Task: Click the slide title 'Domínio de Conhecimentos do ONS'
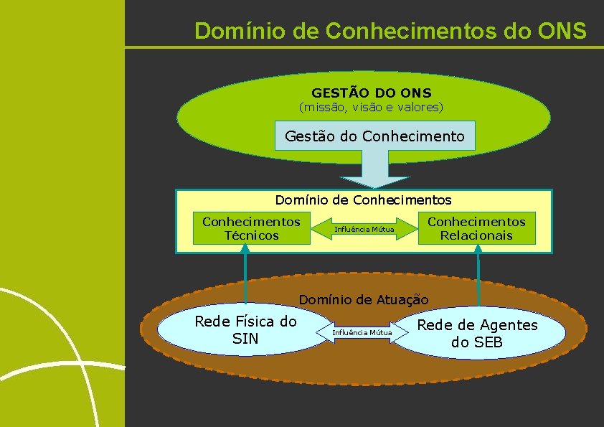tap(390, 31)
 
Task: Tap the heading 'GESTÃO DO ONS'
tap(371, 93)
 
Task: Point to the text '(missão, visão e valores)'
tap(371, 108)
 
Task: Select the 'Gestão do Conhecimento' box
tap(374, 136)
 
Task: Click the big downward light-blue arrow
tap(374, 172)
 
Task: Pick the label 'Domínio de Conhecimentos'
tap(363, 200)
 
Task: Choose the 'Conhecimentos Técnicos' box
tap(251, 228)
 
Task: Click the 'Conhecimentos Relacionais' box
tap(476, 228)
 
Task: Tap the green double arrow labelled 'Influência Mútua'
tap(364, 229)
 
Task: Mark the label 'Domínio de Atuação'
tap(363, 299)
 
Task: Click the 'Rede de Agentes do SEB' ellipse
tap(477, 333)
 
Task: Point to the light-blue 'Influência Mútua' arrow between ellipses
tap(362, 332)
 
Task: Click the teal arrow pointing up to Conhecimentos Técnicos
tap(245, 273)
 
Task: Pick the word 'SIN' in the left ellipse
tap(245, 338)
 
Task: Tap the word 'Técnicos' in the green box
tap(251, 235)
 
